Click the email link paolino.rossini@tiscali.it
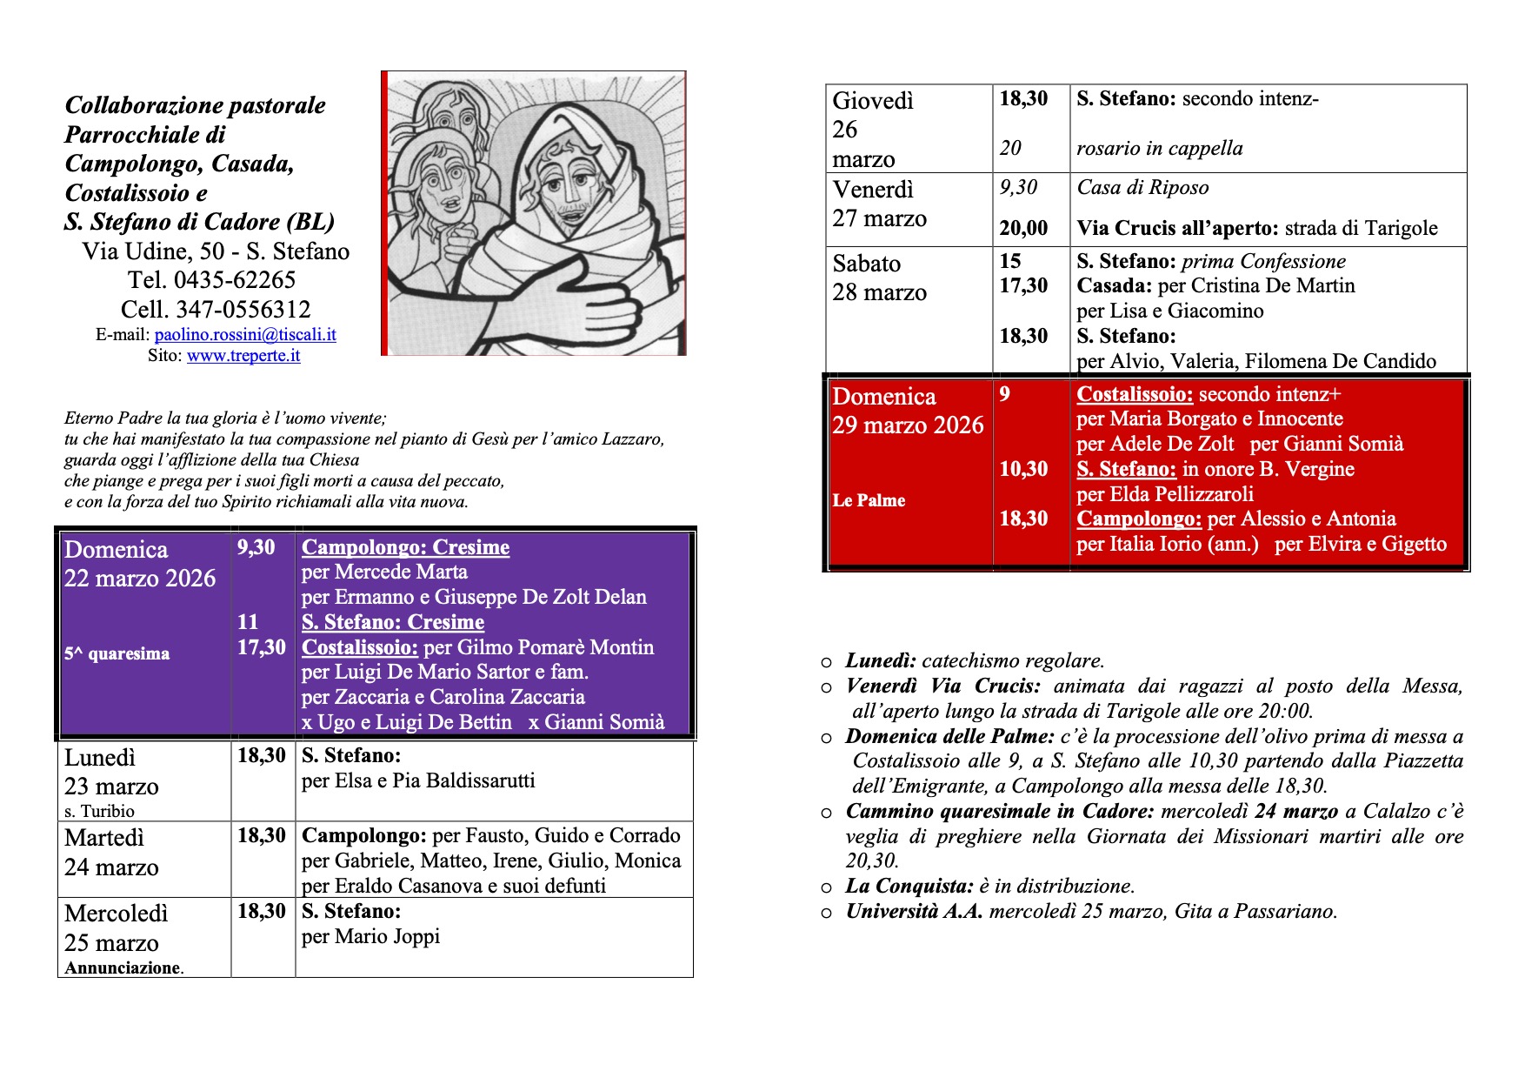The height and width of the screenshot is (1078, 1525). pos(245,335)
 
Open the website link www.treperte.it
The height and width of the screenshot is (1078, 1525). pos(243,356)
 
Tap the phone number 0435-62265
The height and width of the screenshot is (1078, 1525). pos(235,280)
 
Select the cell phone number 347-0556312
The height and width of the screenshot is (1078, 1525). pos(243,310)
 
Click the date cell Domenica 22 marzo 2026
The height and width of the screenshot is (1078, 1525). pos(140,564)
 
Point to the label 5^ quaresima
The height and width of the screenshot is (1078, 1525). pos(117,654)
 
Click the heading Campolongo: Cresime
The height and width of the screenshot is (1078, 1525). pos(405,547)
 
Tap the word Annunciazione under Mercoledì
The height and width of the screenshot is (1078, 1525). pos(123,968)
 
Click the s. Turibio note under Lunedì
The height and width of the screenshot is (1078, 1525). pos(99,812)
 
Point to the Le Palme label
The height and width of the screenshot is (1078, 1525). pos(869,501)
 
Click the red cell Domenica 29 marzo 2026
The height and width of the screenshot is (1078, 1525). pos(908,411)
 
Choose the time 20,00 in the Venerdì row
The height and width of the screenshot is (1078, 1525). pos(1023,229)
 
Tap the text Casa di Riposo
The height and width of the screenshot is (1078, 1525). pos(1142,188)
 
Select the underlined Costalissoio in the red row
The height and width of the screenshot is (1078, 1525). pos(1135,394)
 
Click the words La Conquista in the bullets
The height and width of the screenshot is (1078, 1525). pos(909,887)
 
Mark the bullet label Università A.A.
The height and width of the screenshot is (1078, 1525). pos(914,912)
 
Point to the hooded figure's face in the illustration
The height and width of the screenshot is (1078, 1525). pos(566,187)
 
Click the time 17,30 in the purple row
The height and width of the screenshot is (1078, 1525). pos(262,647)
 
